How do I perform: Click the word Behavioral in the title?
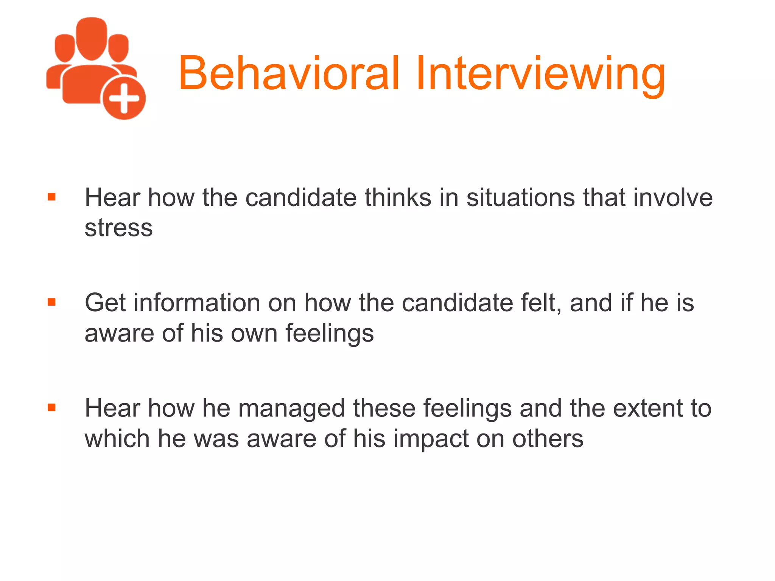289,73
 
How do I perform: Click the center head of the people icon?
91,38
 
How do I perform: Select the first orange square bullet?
52,197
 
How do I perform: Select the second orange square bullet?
52,302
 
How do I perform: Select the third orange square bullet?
52,407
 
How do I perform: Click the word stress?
118,228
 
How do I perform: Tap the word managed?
291,409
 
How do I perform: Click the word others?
548,439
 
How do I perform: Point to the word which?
117,439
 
